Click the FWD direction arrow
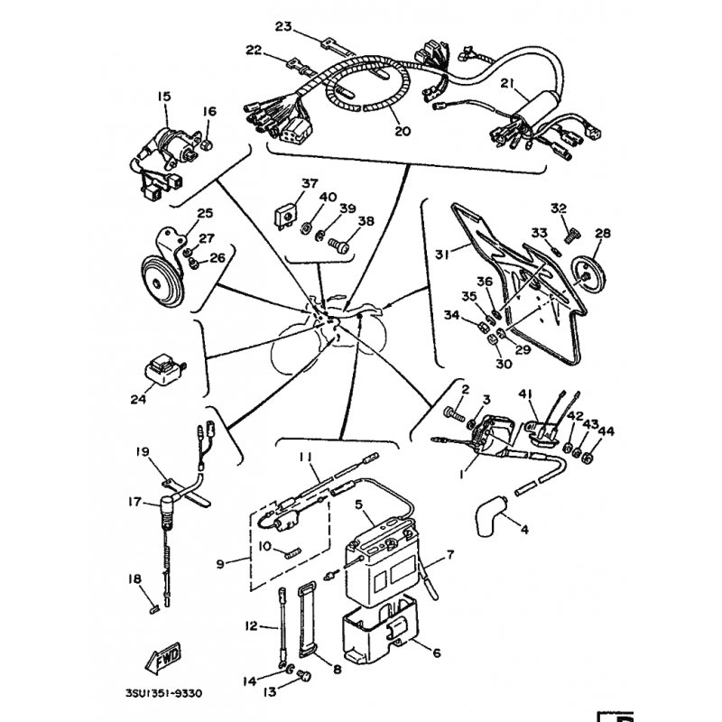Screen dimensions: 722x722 click(x=163, y=658)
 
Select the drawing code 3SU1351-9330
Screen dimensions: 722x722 click(x=163, y=693)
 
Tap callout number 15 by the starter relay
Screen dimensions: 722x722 click(x=164, y=97)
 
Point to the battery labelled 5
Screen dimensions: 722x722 click(x=380, y=563)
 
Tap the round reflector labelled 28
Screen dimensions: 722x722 click(x=588, y=275)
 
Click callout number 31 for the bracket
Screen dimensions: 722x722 click(x=441, y=254)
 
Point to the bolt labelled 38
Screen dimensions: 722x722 click(x=339, y=245)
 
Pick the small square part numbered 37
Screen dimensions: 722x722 click(x=285, y=215)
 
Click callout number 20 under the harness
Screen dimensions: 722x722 click(x=402, y=131)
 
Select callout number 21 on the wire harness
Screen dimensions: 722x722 click(x=507, y=83)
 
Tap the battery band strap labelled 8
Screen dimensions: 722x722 click(x=308, y=618)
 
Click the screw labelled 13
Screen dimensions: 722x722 click(x=305, y=676)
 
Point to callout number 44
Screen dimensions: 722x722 click(x=606, y=431)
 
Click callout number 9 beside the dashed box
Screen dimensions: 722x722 click(x=220, y=563)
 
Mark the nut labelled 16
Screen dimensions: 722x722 click(x=207, y=145)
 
